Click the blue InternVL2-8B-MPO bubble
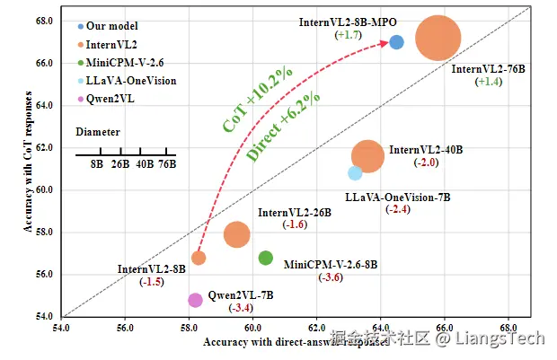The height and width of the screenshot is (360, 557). coord(396,42)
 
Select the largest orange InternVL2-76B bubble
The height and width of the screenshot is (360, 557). coord(438,39)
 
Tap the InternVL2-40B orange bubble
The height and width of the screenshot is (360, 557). coord(367,156)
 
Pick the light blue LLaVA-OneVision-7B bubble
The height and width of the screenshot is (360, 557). coord(355,173)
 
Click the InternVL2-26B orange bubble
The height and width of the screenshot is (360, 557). coord(236,234)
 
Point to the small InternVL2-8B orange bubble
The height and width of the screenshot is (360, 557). coord(199,258)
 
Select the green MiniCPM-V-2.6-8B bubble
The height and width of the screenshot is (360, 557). coord(266,258)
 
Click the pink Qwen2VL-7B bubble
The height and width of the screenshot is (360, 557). coord(195,300)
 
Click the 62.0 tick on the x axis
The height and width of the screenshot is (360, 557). coord(316,329)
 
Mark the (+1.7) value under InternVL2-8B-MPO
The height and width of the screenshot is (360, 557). coord(348,34)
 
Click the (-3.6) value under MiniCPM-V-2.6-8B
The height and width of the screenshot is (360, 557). coord(331,278)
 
